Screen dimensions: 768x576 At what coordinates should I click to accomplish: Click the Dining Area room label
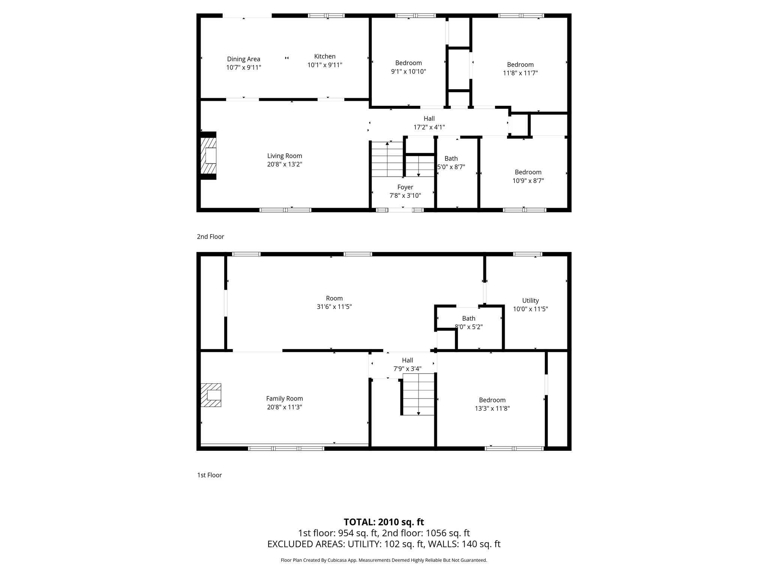tap(243, 59)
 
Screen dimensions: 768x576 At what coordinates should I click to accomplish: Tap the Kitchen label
tap(325, 56)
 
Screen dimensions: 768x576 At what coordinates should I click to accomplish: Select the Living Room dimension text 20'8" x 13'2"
tap(285, 164)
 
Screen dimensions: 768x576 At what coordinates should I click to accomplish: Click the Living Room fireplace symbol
tap(208, 155)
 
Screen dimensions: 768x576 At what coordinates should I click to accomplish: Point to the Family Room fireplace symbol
tap(211, 395)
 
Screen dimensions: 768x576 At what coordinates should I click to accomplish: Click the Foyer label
tap(405, 187)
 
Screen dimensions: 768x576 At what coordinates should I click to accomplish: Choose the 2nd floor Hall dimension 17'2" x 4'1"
tap(429, 127)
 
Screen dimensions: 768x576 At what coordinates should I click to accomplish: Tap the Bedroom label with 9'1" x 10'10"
tap(408, 63)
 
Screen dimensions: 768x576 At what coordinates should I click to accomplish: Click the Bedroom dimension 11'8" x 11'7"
tap(520, 73)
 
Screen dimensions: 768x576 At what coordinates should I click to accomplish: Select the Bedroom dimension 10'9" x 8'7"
tap(528, 181)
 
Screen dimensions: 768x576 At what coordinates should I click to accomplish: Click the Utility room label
tap(531, 301)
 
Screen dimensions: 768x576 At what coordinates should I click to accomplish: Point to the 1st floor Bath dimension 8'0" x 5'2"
tap(469, 327)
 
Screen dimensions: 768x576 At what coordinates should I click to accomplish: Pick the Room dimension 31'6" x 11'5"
tap(334, 307)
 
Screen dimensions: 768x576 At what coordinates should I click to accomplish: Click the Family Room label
tap(285, 399)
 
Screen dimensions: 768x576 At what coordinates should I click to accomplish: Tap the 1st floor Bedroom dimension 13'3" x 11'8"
tap(492, 409)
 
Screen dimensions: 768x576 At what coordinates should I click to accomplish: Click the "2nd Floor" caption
tap(210, 237)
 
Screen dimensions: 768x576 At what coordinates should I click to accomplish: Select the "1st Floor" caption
tap(210, 475)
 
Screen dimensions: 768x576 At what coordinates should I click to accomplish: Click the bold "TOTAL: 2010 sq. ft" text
tap(384, 522)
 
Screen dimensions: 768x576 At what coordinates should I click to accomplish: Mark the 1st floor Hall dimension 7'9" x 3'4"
tap(408, 369)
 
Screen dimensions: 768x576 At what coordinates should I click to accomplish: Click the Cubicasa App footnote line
tap(384, 560)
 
